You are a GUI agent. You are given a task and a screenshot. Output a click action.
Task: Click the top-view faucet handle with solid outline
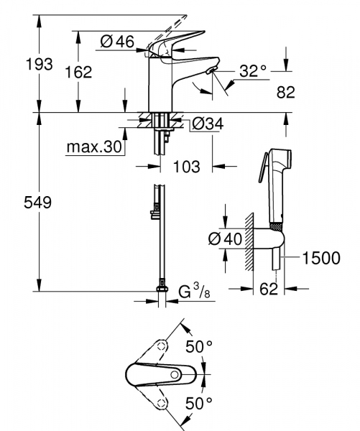158,374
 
